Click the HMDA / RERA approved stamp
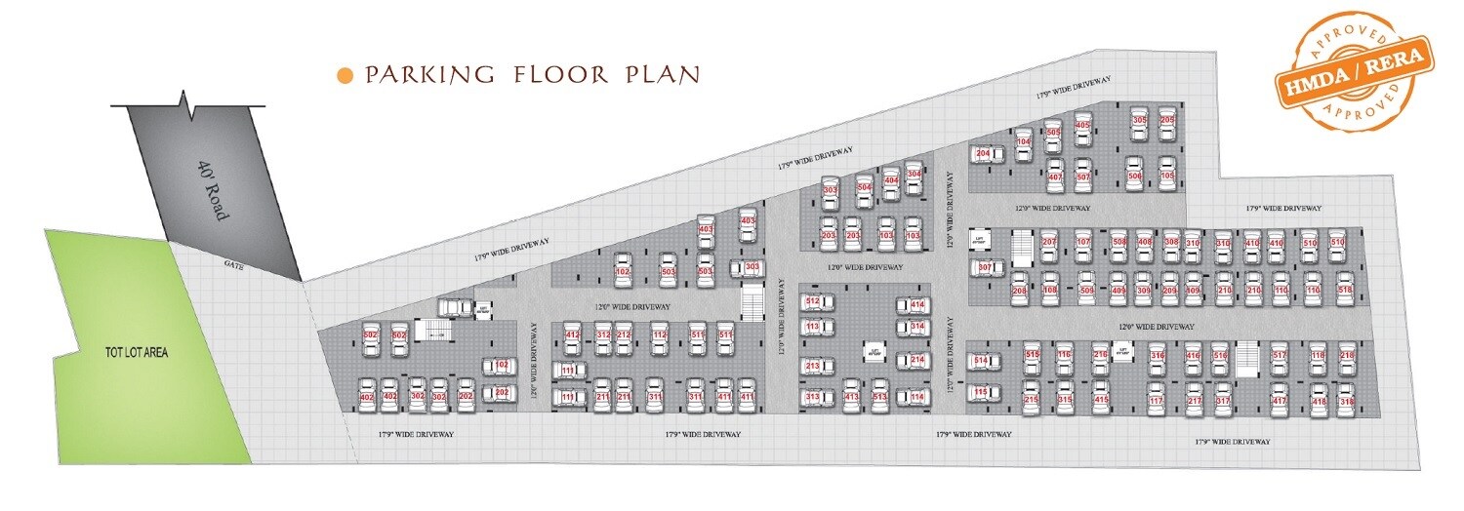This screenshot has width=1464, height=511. (1354, 71)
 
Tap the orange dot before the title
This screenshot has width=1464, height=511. (344, 75)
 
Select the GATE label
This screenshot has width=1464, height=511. (233, 264)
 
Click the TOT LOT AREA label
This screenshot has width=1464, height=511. (138, 351)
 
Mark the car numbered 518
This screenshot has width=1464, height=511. (1345, 290)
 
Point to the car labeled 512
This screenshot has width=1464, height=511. (814, 303)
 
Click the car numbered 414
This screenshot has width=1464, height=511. (915, 305)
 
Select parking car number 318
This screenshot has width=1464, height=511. (1347, 401)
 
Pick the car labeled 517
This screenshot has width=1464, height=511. (1281, 357)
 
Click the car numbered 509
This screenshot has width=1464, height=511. (1085, 290)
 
